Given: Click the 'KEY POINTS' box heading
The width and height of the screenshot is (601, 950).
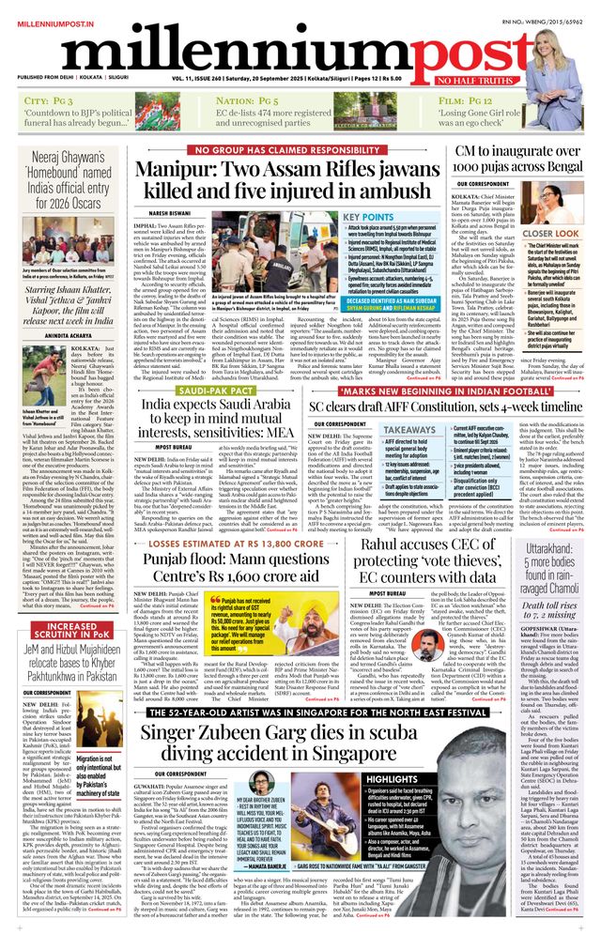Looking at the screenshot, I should click(x=394, y=216).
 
